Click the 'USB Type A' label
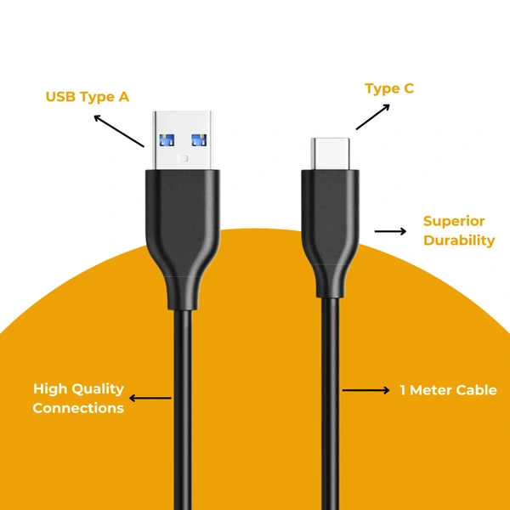click(87, 97)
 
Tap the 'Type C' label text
click(389, 88)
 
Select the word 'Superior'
click(454, 222)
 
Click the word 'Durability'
click(459, 241)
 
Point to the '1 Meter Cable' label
click(448, 390)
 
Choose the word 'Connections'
click(78, 408)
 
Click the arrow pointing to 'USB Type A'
click(118, 131)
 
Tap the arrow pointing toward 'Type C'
click(372, 117)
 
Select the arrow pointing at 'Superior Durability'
click(390, 230)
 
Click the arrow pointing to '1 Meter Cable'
click(366, 390)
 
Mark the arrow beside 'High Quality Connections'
click(150, 398)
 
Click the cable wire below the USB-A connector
click(183, 408)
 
